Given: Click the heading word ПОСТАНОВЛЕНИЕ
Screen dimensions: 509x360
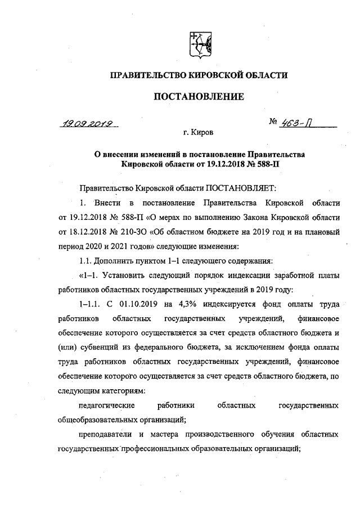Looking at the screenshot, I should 199,97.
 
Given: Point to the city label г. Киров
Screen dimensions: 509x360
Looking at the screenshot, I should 198,133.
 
